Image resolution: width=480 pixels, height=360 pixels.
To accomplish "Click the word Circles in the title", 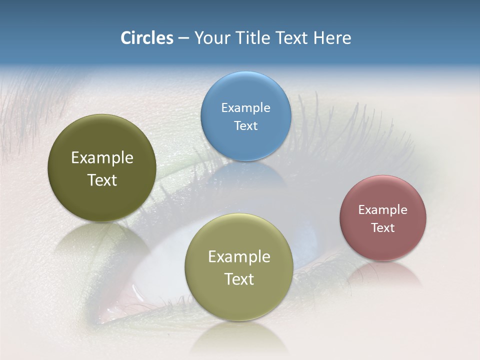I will point(147,38).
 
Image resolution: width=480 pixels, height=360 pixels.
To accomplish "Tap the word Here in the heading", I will point(332,38).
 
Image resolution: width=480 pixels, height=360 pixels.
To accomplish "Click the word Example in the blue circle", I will point(245,107).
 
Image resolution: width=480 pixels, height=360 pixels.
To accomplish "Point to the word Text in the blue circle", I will point(245,125).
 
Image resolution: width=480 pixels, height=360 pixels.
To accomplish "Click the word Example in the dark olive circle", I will point(102,158).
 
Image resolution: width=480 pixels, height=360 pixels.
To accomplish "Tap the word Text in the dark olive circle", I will point(102,180).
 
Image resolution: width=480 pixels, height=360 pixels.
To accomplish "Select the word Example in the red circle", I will point(383,209).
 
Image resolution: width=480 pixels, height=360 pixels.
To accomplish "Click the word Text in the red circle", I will point(383,227).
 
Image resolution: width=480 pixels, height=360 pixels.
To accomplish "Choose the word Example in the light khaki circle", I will point(239,256).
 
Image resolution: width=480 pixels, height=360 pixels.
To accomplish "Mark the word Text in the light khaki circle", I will point(239,279).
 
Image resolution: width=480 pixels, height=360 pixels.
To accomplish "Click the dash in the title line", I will point(183,38).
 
